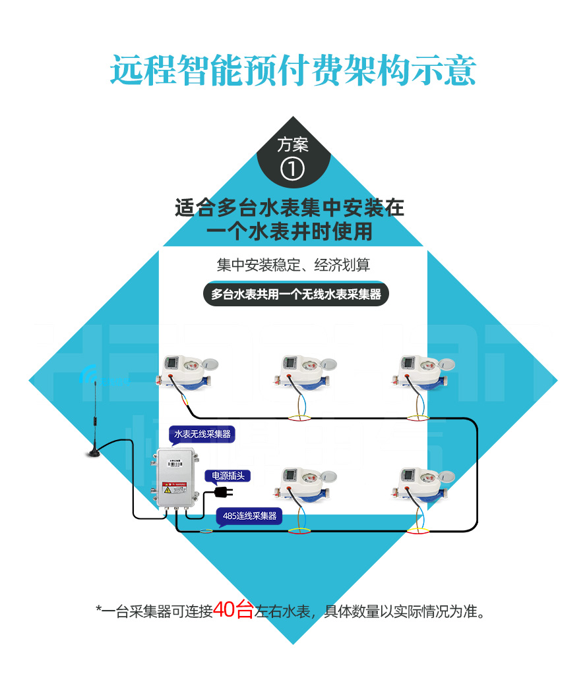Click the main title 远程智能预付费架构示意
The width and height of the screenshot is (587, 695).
293,70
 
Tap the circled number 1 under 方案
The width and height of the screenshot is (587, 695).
293,169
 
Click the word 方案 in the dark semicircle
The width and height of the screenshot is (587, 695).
293,145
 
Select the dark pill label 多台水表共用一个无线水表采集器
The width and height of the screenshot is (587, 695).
295,294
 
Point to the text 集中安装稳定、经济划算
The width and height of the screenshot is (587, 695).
293,265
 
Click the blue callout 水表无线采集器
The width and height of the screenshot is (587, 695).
202,434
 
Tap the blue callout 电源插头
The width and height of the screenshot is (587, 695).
227,475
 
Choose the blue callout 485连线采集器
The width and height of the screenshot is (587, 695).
249,516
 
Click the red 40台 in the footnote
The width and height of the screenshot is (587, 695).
233,611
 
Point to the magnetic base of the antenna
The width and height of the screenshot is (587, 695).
94,452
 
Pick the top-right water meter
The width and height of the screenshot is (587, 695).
423,373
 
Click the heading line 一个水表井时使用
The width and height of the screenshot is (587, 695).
290,232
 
